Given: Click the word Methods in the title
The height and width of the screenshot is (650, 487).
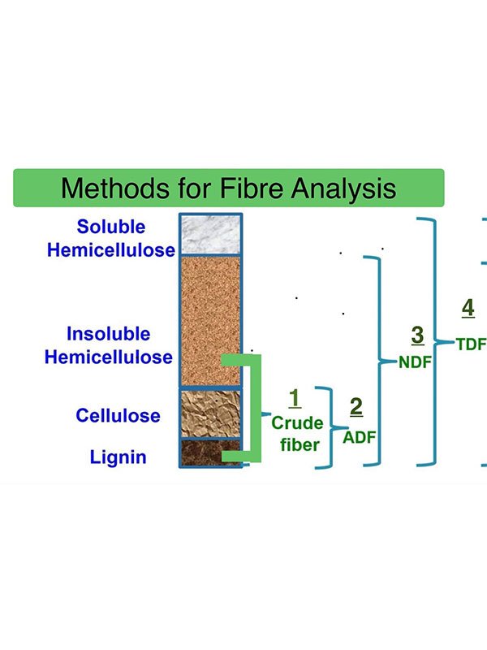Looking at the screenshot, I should pyautogui.click(x=110, y=188).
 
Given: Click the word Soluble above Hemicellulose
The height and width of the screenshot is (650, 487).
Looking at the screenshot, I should pyautogui.click(x=111, y=227).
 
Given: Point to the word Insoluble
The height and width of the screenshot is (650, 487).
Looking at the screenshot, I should pyautogui.click(x=108, y=334).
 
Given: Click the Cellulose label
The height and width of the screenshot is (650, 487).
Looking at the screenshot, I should pyautogui.click(x=119, y=416).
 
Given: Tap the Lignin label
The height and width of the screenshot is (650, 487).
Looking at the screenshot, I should pyautogui.click(x=119, y=457).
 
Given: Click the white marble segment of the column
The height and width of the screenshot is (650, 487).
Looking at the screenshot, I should pyautogui.click(x=210, y=233).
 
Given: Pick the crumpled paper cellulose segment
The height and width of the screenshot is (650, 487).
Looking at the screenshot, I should pyautogui.click(x=210, y=413).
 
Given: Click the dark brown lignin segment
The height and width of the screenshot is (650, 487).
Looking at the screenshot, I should pyautogui.click(x=210, y=453).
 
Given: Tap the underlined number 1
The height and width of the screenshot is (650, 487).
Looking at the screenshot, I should pyautogui.click(x=295, y=398).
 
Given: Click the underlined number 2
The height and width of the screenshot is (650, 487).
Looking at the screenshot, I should pyautogui.click(x=356, y=406).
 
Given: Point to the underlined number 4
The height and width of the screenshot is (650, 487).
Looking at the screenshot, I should pyautogui.click(x=468, y=308).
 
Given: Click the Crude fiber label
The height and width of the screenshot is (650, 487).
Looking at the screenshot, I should pyautogui.click(x=296, y=432).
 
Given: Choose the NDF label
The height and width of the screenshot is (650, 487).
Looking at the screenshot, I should pyautogui.click(x=415, y=362).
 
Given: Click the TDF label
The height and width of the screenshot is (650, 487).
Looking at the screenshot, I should pyautogui.click(x=471, y=344).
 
